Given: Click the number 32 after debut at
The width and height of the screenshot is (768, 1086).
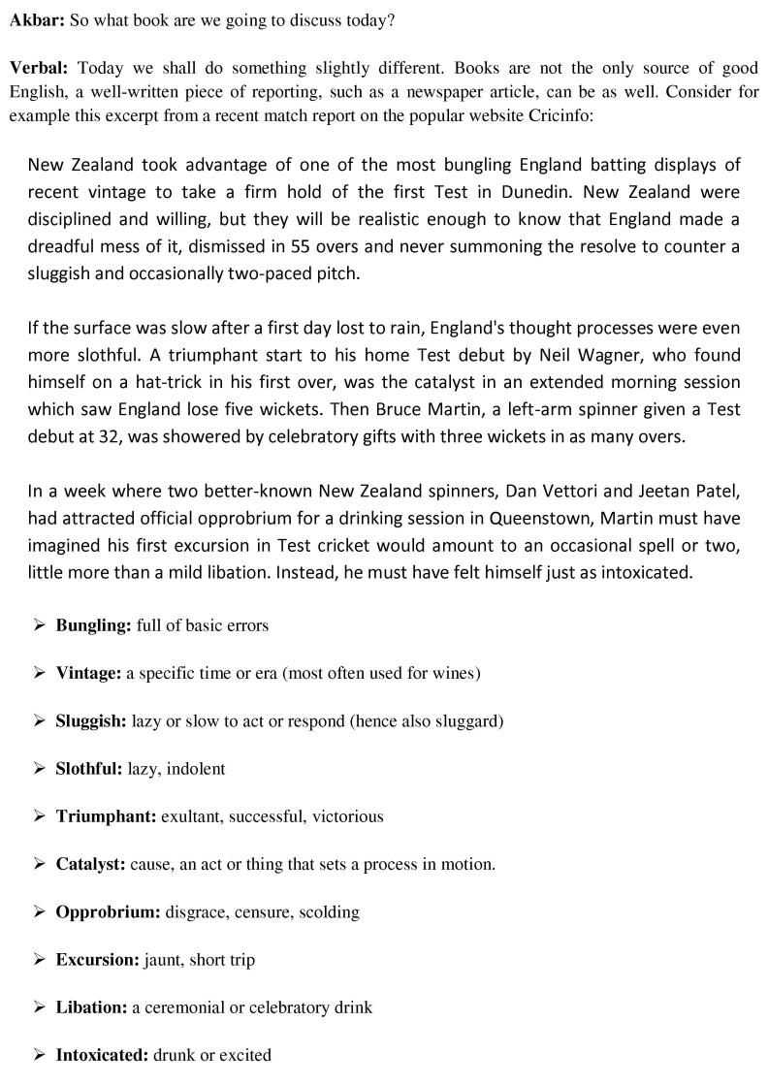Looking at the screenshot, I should [x=101, y=436].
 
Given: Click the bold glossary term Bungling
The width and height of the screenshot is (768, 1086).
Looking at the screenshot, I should [x=93, y=625].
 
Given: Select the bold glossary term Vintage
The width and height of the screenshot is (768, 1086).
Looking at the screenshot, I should [x=88, y=673].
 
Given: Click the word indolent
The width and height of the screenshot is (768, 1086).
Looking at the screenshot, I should [x=197, y=769].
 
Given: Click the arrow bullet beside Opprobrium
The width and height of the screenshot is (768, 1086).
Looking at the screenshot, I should [x=39, y=911].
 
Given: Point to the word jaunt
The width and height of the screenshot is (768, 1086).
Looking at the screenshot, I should [x=165, y=960].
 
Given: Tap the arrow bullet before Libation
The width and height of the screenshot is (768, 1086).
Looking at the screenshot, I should [x=39, y=1007].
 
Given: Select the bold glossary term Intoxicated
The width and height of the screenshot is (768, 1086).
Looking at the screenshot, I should [x=102, y=1055].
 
